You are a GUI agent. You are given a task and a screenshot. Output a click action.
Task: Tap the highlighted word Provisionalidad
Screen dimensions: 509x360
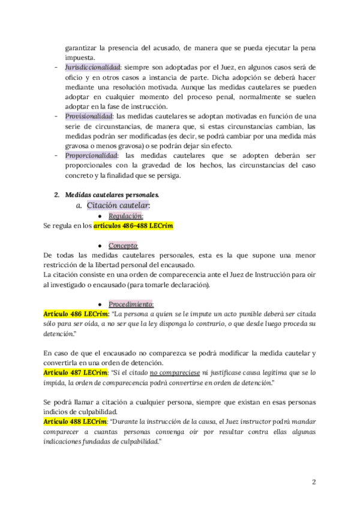tap(86, 116)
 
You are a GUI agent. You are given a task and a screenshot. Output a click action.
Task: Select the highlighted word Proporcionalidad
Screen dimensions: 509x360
tap(90, 154)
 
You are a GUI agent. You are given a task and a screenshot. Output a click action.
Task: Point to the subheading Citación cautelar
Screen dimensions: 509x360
tap(118, 205)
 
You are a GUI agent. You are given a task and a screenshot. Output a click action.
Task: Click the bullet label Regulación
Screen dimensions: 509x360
tap(125, 215)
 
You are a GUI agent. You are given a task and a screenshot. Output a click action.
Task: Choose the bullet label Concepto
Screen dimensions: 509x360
tap(123, 245)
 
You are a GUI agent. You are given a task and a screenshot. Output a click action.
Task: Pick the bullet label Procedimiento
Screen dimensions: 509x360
tap(131, 304)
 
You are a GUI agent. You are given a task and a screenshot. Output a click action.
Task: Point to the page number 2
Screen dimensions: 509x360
tap(314, 482)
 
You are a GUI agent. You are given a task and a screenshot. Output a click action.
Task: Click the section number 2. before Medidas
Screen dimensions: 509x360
tap(56, 195)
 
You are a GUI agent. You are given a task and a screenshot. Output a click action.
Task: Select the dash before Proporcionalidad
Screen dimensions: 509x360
tap(55, 154)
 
